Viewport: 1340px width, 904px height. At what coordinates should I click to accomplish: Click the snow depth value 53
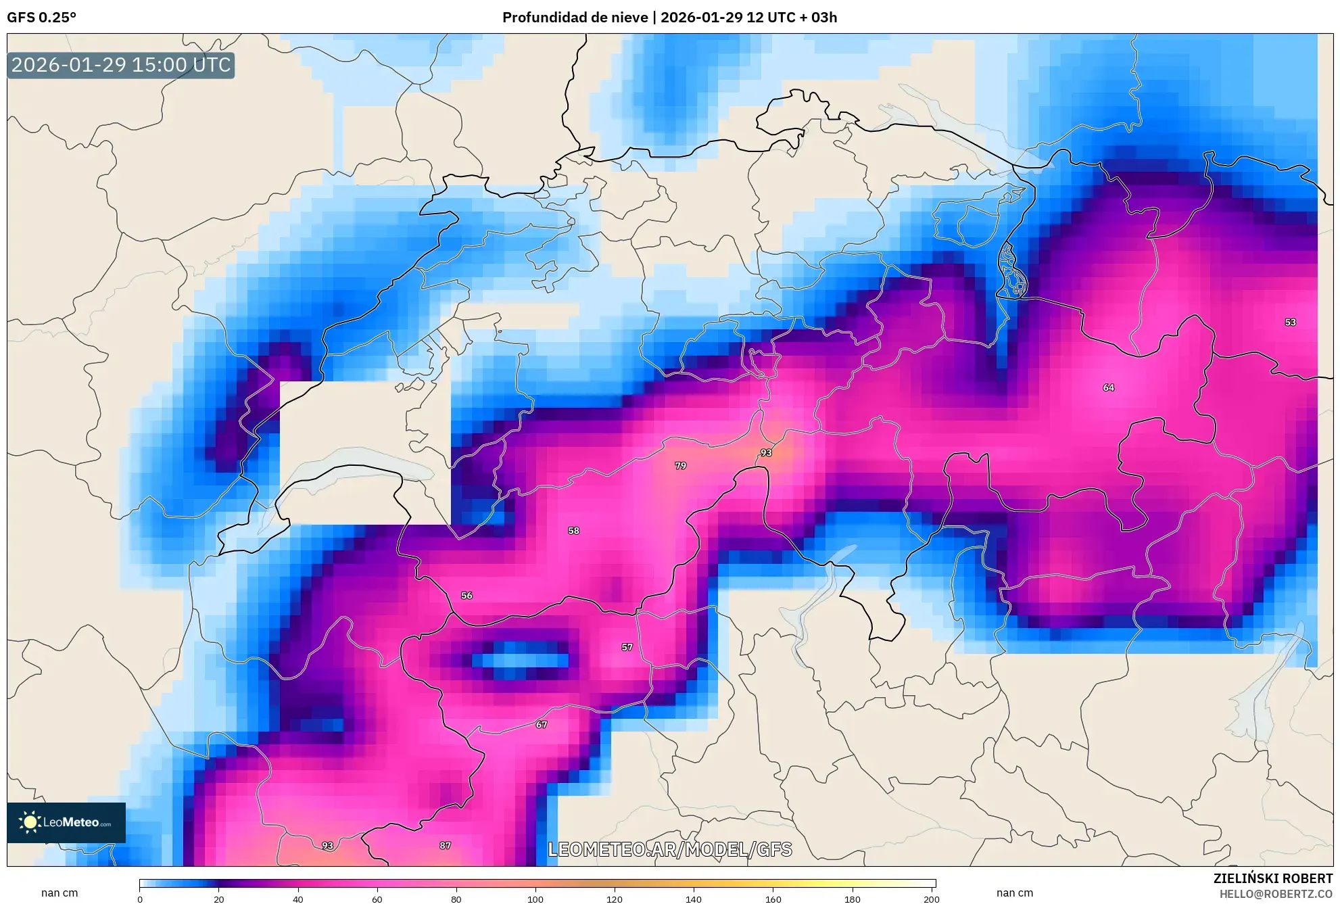click(x=1290, y=323)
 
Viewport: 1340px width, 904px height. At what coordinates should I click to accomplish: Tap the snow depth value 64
click(x=1108, y=387)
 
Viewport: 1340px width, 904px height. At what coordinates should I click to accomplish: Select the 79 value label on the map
click(x=680, y=466)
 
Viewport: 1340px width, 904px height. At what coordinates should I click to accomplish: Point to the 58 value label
click(x=573, y=531)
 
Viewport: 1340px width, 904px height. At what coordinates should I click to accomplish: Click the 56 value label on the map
click(x=466, y=596)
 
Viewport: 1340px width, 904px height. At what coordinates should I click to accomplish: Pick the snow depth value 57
click(x=627, y=647)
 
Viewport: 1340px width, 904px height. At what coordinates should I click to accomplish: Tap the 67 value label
click(x=541, y=725)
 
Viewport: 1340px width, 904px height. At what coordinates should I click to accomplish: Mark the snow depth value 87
click(x=445, y=846)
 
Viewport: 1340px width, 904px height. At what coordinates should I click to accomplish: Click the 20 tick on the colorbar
click(x=218, y=899)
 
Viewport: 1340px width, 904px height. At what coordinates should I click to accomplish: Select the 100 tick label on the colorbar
click(x=535, y=899)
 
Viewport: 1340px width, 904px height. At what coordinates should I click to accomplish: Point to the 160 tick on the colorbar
click(x=773, y=899)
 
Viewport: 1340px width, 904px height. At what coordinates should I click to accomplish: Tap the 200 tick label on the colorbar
click(x=931, y=899)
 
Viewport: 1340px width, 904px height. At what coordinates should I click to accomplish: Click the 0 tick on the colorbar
click(x=140, y=899)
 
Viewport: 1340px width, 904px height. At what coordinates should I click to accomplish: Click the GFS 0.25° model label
click(x=41, y=18)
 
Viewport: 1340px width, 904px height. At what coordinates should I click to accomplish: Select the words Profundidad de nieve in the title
click(x=575, y=18)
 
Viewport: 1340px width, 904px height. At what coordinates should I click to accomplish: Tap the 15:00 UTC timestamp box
click(x=121, y=66)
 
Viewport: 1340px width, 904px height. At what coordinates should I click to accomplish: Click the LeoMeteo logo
click(x=66, y=822)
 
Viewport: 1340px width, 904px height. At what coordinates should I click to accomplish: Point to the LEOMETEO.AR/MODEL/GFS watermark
click(x=669, y=850)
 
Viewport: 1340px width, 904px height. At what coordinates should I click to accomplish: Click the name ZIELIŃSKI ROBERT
click(x=1272, y=878)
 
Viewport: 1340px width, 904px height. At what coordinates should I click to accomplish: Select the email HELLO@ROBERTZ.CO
click(x=1276, y=894)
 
